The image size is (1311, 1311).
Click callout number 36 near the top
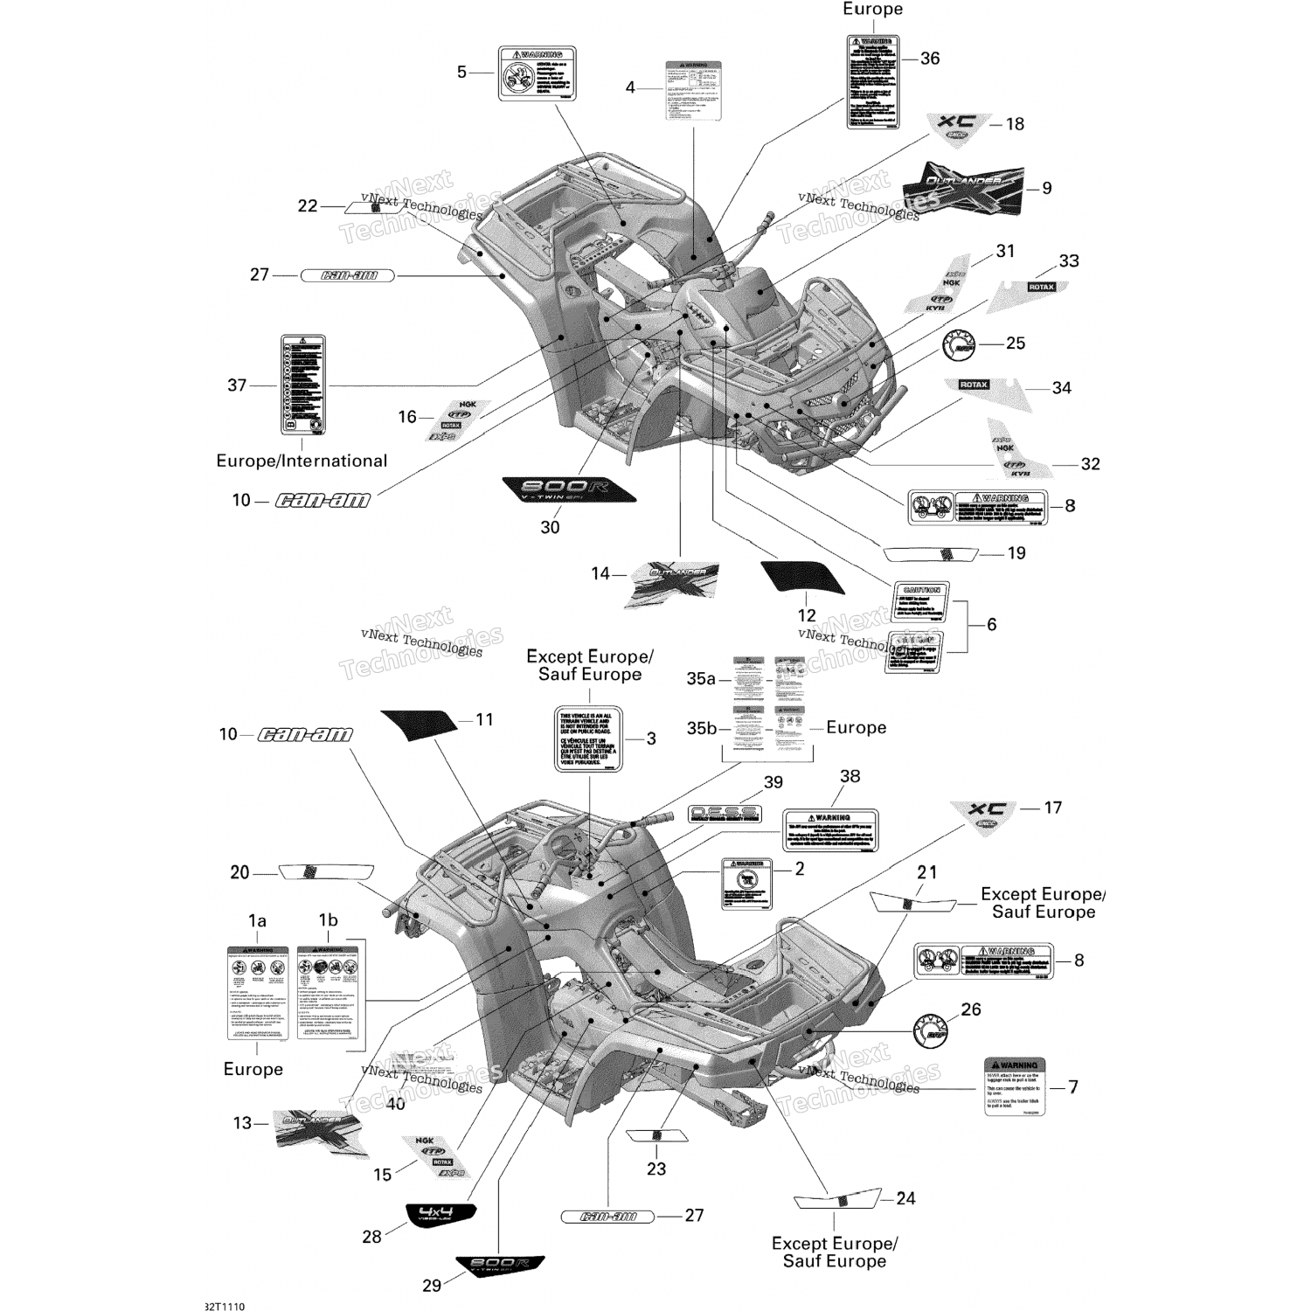click(930, 59)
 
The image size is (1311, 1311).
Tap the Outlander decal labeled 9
click(962, 187)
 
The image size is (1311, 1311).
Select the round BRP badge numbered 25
click(959, 344)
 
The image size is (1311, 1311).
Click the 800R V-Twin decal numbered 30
click(568, 489)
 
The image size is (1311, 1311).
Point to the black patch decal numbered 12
click(803, 578)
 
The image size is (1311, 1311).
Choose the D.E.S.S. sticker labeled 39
click(724, 813)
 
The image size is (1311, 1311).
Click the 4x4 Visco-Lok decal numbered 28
click(440, 1215)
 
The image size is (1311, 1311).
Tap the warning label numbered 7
click(1015, 1086)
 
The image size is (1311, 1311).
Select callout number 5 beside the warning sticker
click(462, 72)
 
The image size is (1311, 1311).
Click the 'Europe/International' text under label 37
click(302, 461)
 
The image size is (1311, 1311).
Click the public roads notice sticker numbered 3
click(588, 739)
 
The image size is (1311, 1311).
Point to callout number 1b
click(328, 919)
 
